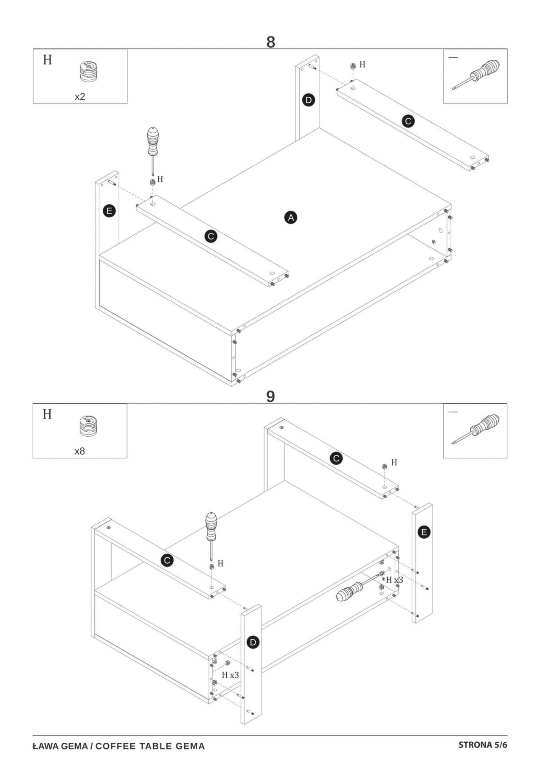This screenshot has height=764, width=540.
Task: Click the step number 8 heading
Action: click(x=270, y=42)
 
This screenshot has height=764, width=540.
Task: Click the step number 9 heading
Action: click(x=270, y=396)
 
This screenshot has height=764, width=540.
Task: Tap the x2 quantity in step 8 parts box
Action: click(x=80, y=97)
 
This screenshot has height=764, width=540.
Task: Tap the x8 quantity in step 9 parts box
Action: click(x=80, y=451)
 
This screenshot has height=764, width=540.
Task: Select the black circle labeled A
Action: click(x=291, y=218)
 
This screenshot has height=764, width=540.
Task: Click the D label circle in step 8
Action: click(x=309, y=101)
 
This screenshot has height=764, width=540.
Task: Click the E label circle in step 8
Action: click(x=110, y=211)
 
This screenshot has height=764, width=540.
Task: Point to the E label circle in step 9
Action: click(x=424, y=532)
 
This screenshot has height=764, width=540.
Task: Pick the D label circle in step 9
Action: click(x=253, y=642)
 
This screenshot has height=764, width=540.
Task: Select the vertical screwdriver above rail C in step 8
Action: click(x=152, y=149)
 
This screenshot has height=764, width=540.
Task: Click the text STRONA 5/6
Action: click(x=483, y=745)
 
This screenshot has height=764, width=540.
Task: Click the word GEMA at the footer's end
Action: click(x=191, y=746)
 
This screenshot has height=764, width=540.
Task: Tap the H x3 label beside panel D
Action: click(x=230, y=675)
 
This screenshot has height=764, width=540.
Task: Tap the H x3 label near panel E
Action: click(x=394, y=580)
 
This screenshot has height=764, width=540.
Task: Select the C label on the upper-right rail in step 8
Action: click(x=408, y=121)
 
